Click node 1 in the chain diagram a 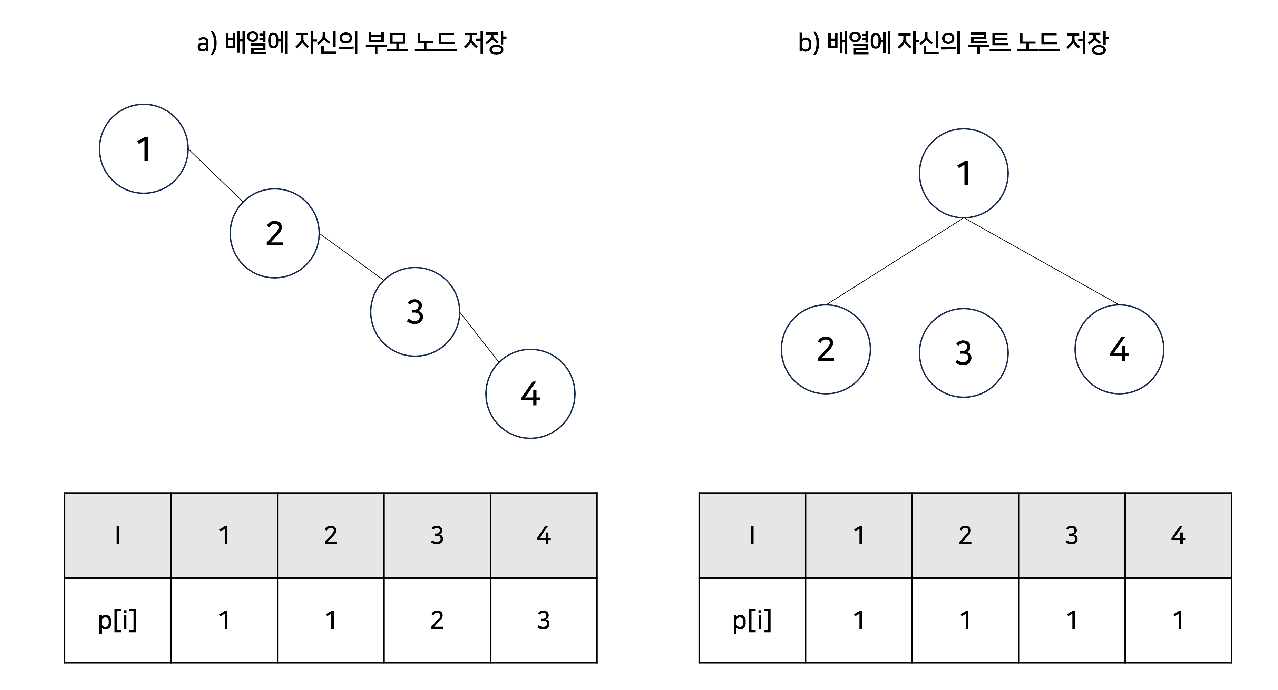coord(143,149)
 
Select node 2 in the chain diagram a coord(274,233)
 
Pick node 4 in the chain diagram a coord(530,394)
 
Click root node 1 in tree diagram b coord(964,173)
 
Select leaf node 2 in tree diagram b coord(826,349)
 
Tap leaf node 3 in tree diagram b coord(964,353)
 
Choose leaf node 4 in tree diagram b coord(1119,349)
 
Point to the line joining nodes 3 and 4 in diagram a coord(479,337)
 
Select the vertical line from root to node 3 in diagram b coord(964,263)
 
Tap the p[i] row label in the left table coord(118,620)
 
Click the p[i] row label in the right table coord(752,620)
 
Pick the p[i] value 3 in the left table coord(543,620)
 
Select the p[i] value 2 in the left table coord(437,620)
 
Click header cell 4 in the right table coord(1178,535)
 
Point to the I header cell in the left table coord(118,535)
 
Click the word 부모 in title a coord(386,43)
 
